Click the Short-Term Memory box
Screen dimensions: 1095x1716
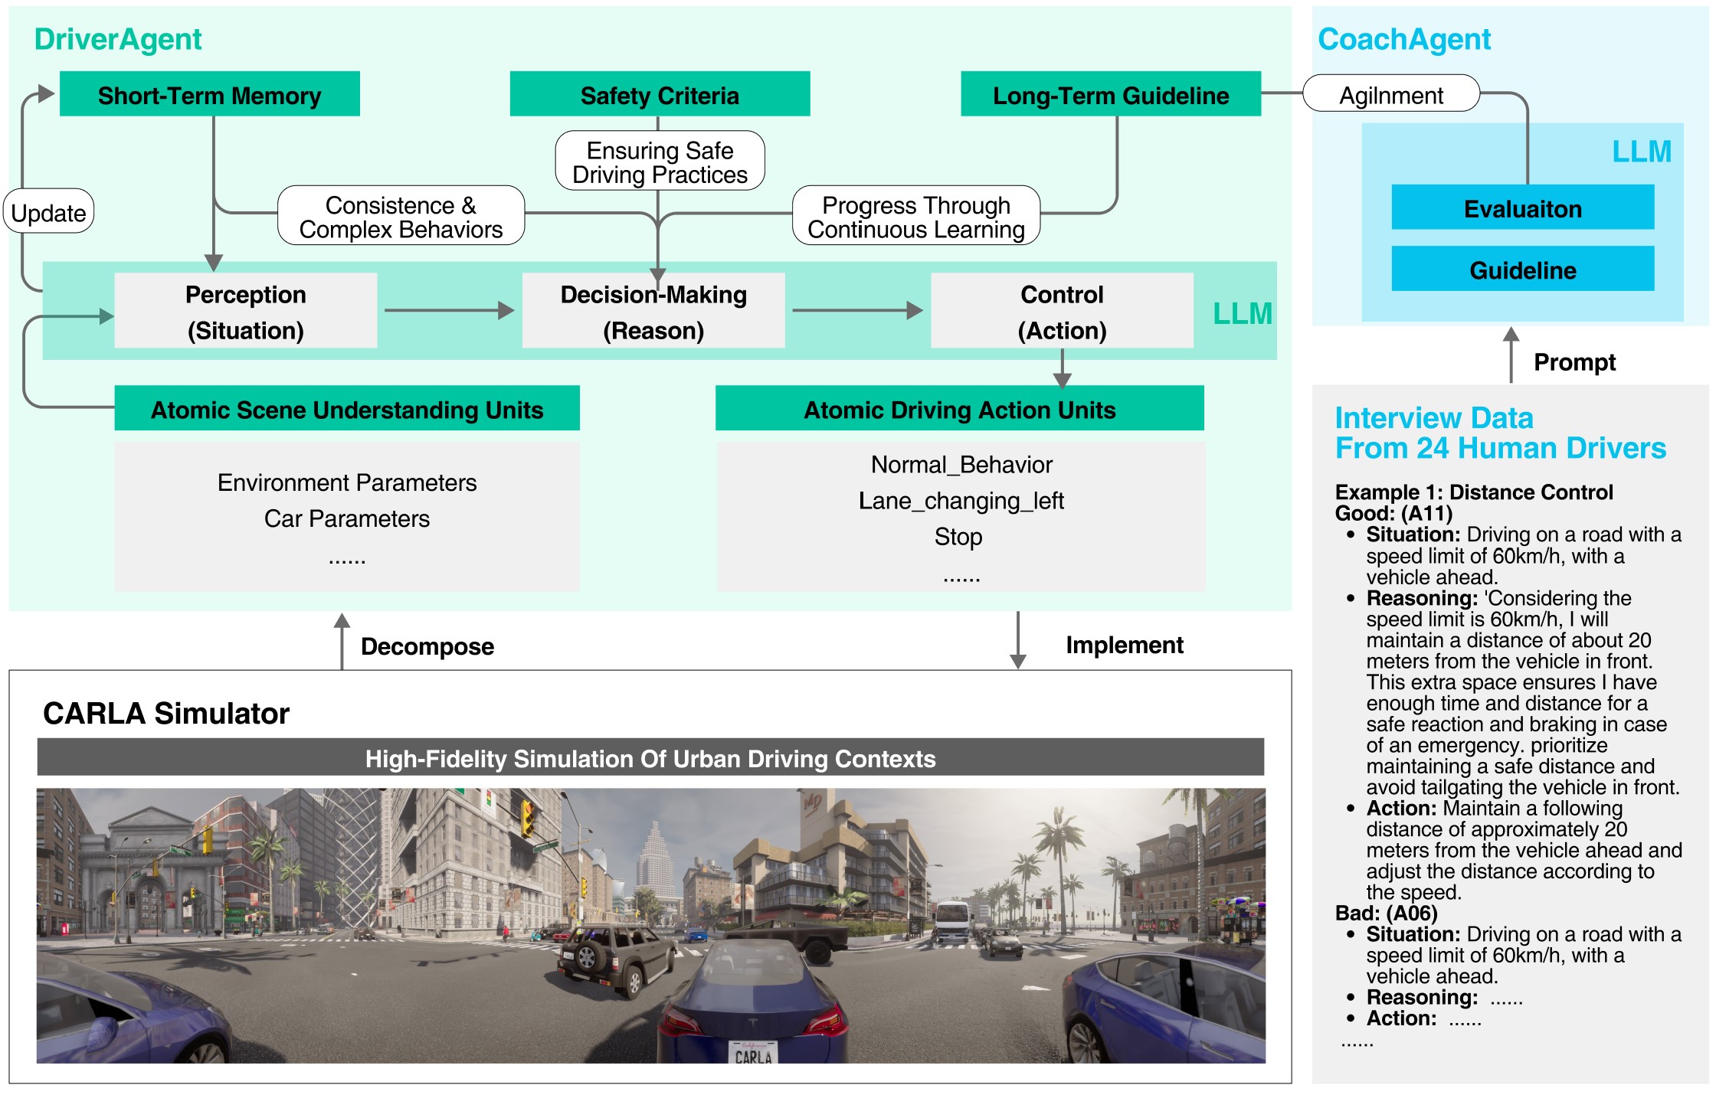click(209, 94)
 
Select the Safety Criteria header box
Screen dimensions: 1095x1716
click(660, 94)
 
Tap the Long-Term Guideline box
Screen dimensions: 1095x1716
click(1110, 94)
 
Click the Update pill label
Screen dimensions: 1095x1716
click(49, 212)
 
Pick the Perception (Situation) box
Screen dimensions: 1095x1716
click(245, 312)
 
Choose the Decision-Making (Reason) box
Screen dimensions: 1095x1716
click(653, 312)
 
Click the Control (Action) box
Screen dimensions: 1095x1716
click(1062, 312)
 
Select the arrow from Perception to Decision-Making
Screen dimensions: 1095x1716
click(449, 310)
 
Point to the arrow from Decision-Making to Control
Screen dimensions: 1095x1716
click(857, 310)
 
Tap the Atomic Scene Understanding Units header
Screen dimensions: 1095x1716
click(347, 409)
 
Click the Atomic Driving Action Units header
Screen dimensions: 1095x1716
click(959, 409)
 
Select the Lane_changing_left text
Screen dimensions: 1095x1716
click(961, 501)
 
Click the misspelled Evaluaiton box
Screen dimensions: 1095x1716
click(1522, 208)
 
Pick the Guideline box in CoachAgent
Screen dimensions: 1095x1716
click(1522, 269)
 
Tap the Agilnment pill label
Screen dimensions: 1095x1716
click(1390, 94)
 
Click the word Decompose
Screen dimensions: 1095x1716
click(427, 646)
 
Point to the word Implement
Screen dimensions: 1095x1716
click(1124, 645)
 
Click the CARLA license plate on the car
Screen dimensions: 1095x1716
click(753, 1054)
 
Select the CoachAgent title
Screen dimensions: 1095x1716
click(1403, 38)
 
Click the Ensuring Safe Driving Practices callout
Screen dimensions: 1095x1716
click(660, 162)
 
